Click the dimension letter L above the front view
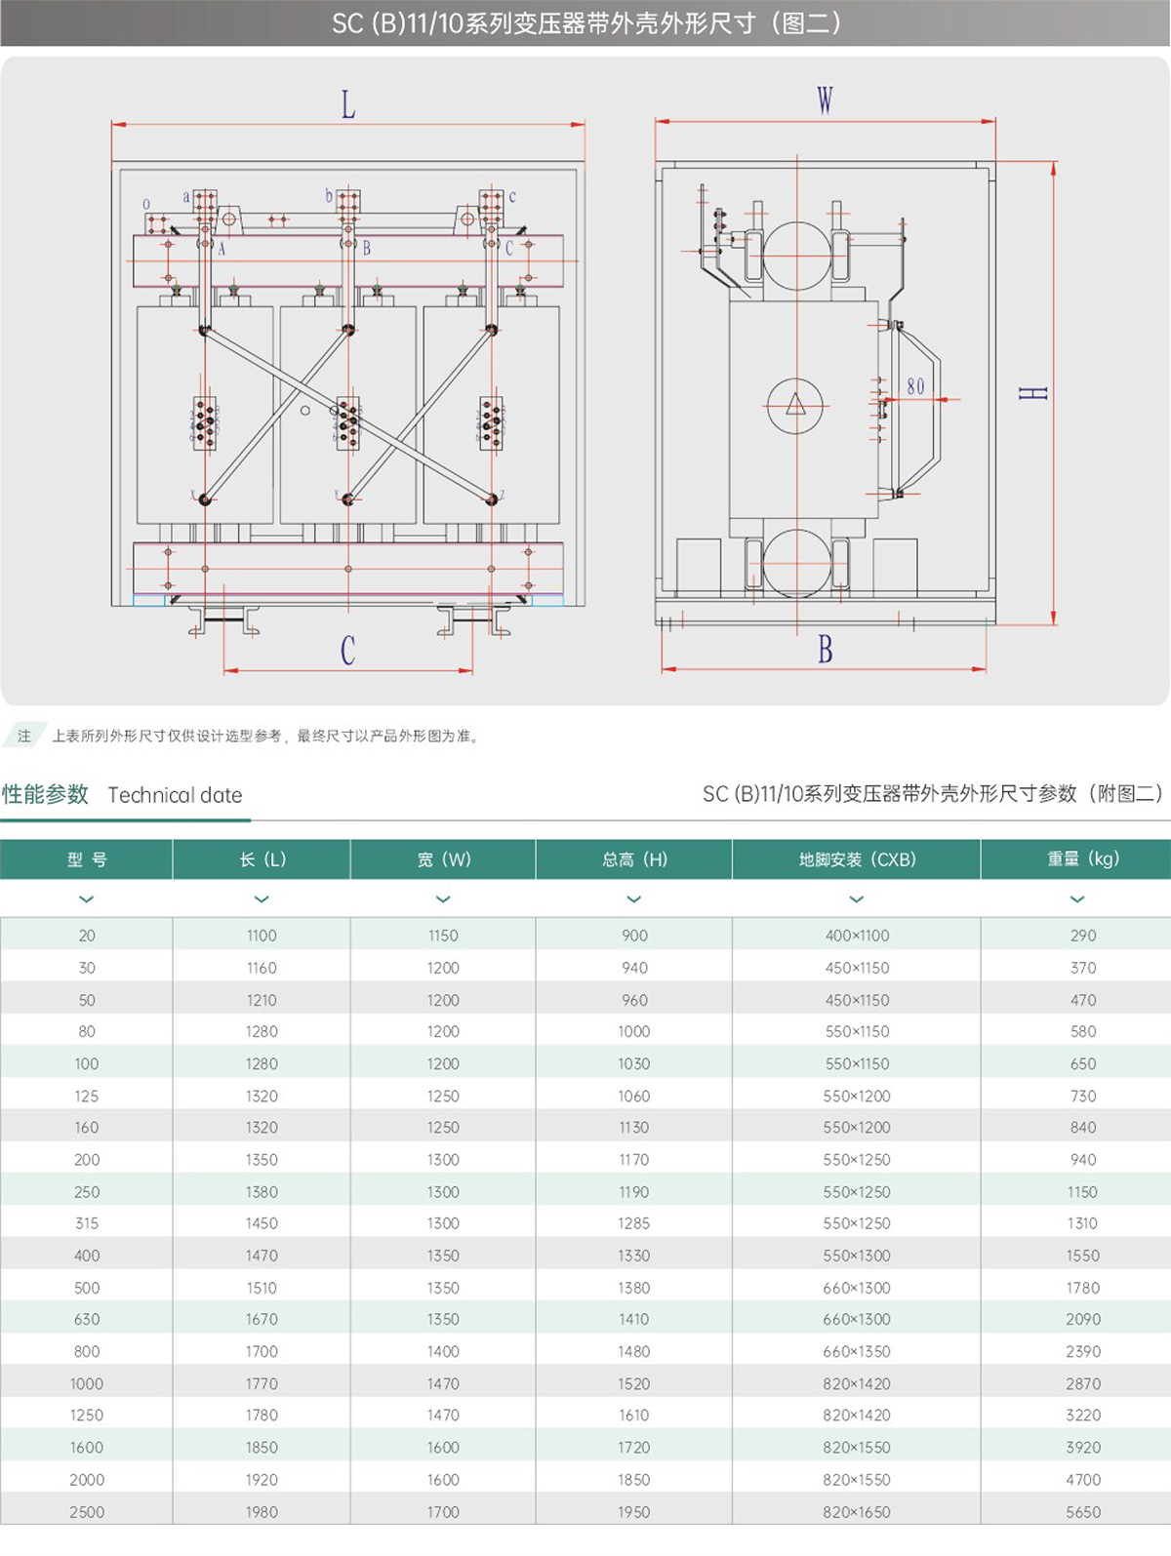coord(348,104)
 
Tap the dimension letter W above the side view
coord(825,100)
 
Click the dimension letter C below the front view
coord(348,651)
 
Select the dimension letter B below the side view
coord(826,650)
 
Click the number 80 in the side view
coord(915,386)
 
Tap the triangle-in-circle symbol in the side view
coord(795,404)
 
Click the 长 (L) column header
coord(262,859)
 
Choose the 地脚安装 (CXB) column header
coord(857,859)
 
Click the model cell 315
coord(87,1223)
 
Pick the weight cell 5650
coord(1083,1512)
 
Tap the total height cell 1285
coord(634,1223)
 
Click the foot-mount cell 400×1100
coord(857,936)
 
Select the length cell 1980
coord(262,1512)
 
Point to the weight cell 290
coord(1083,936)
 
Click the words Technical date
coord(175,795)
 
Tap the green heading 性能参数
coord(45,794)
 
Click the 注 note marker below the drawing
coord(24,736)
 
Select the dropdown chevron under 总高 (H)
coord(634,899)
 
